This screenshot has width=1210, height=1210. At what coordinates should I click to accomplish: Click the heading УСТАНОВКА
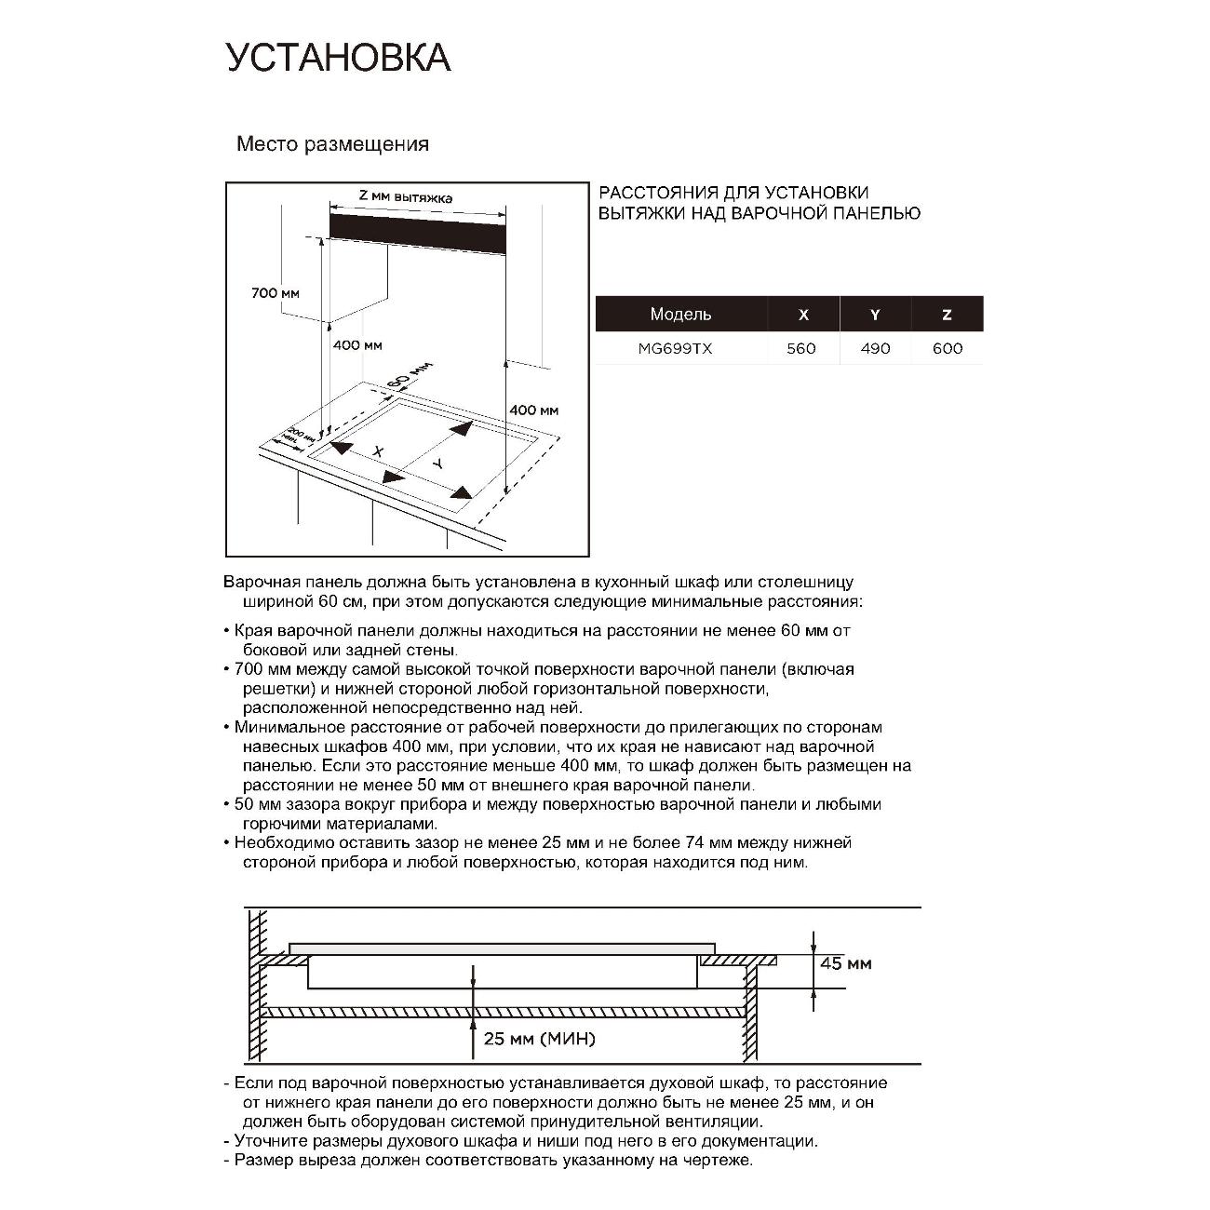(x=338, y=58)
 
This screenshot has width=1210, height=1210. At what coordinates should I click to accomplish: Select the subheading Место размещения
(x=332, y=144)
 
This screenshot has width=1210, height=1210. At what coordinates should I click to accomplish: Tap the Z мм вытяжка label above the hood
(x=405, y=197)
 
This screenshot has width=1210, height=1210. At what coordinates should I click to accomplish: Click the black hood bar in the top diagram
(x=418, y=233)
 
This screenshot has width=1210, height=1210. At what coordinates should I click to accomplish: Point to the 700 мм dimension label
(x=276, y=293)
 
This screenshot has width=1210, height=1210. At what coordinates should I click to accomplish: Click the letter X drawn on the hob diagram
(x=377, y=451)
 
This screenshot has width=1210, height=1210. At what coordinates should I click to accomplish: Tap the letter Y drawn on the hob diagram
(x=437, y=463)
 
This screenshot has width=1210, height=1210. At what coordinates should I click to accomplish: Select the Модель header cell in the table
(x=680, y=315)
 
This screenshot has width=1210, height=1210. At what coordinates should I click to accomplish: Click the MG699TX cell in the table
(x=675, y=349)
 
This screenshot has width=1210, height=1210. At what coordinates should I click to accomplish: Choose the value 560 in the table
(x=800, y=349)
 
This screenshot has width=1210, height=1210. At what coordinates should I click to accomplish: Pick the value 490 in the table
(x=875, y=349)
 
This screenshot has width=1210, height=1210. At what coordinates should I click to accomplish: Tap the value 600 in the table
(x=948, y=349)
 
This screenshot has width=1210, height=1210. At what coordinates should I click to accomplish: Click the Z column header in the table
(x=947, y=315)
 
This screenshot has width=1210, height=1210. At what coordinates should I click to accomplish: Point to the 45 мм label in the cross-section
(x=845, y=963)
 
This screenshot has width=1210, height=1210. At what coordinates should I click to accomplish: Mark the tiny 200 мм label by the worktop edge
(x=296, y=435)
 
